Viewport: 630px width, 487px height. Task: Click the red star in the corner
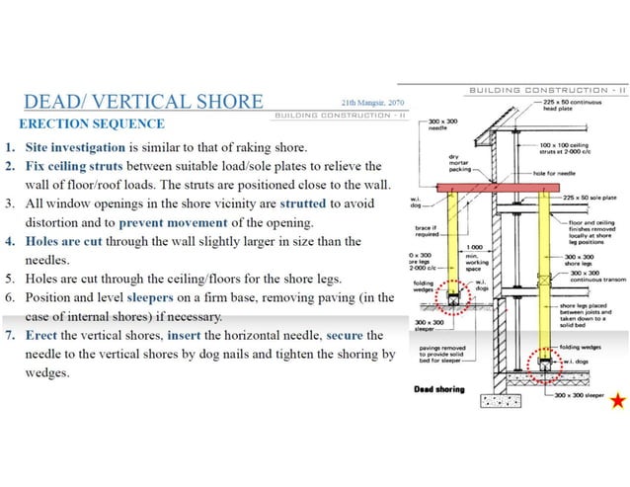click(617, 400)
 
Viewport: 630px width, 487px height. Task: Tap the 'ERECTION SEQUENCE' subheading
click(92, 124)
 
